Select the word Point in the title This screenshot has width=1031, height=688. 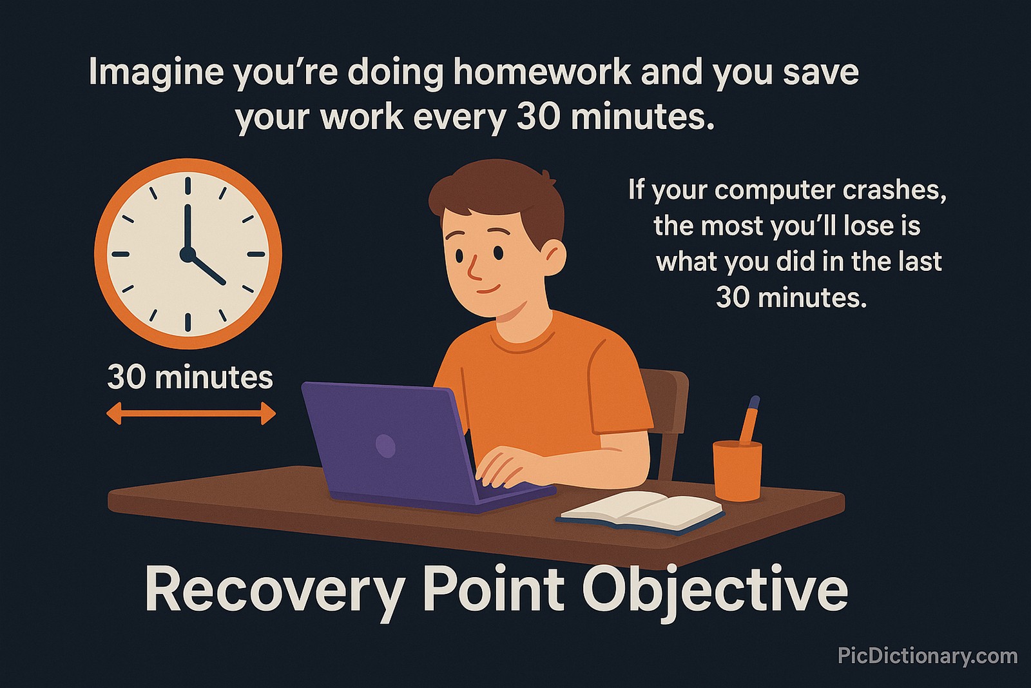point(493,589)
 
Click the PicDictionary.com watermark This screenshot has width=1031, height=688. point(927,656)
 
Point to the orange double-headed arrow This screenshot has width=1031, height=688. point(191,413)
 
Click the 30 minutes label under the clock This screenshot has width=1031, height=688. point(190,377)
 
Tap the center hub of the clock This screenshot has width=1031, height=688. point(188,254)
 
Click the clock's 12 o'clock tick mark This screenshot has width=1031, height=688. point(188,185)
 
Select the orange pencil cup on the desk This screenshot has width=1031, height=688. point(737,469)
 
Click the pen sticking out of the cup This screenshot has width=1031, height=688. point(750,419)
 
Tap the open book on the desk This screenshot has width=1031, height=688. point(641,511)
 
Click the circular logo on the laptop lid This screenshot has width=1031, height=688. point(385,446)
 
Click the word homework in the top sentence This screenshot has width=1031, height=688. point(542,72)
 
